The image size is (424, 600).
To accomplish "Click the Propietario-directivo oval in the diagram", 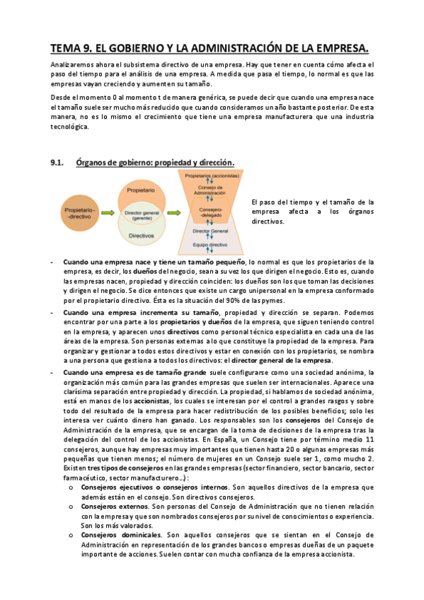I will (79, 214).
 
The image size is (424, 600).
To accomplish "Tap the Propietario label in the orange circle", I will (141, 191).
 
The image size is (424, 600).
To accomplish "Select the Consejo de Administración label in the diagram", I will (211, 189).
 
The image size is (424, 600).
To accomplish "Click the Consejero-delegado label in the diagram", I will (211, 211).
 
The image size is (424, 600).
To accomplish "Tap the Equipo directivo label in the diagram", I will (211, 244).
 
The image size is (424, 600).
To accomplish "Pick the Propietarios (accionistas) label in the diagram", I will (211, 175).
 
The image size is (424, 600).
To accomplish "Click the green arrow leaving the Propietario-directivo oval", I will (108, 214).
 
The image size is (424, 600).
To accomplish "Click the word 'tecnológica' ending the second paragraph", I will (69, 127).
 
